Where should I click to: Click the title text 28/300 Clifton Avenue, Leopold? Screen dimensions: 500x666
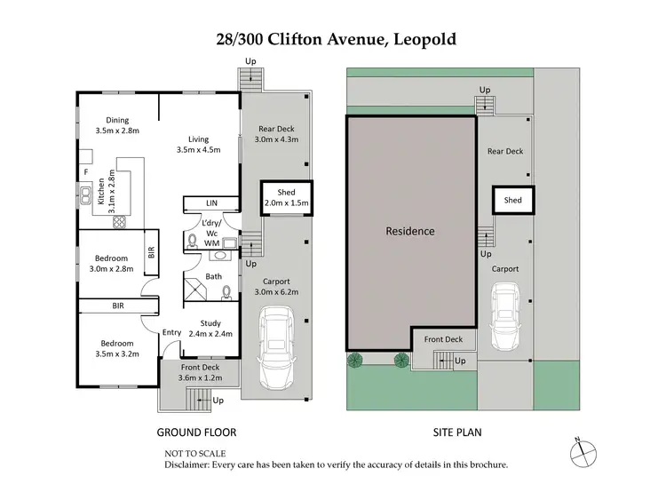pyautogui.click(x=332, y=39)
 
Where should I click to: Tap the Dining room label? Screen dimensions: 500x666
pyautogui.click(x=117, y=125)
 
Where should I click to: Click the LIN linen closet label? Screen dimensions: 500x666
pyautogui.click(x=211, y=203)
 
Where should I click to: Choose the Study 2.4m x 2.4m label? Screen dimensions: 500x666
pyautogui.click(x=210, y=329)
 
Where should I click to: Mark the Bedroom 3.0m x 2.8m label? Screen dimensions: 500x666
pyautogui.click(x=113, y=264)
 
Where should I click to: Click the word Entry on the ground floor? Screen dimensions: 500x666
pyautogui.click(x=171, y=333)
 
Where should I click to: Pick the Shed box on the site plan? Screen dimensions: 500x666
pyautogui.click(x=512, y=201)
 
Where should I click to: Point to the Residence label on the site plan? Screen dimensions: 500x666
pyautogui.click(x=409, y=231)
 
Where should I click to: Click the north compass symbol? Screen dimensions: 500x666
pyautogui.click(x=578, y=451)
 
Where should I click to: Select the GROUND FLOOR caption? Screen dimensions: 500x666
pyautogui.click(x=196, y=433)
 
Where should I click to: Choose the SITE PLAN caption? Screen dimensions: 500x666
pyautogui.click(x=459, y=433)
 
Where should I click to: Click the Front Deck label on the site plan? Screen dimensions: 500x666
pyautogui.click(x=443, y=339)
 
